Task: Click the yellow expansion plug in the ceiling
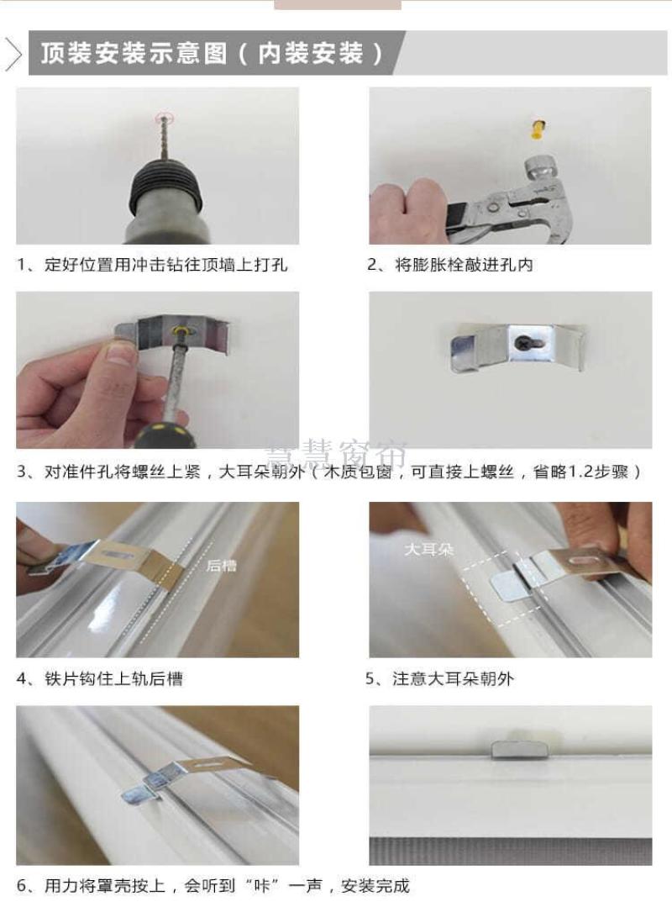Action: coord(538,129)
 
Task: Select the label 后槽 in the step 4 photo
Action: coord(221,565)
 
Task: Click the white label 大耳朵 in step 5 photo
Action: coord(428,549)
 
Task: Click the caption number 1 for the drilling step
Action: coord(21,265)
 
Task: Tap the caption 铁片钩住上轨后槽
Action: coord(114,678)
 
